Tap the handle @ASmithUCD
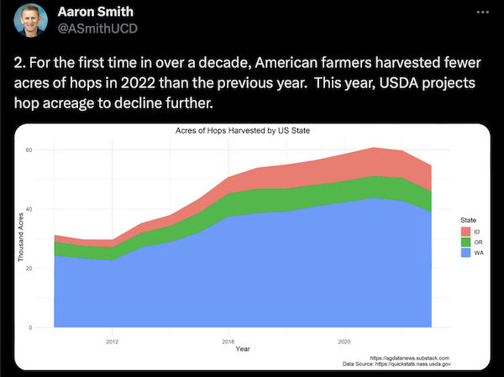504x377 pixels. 96,30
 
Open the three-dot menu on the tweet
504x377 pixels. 480,13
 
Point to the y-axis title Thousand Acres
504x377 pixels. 21,238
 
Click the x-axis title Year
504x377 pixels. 242,348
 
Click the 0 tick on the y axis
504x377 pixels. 30,327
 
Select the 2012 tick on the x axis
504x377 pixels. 113,341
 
